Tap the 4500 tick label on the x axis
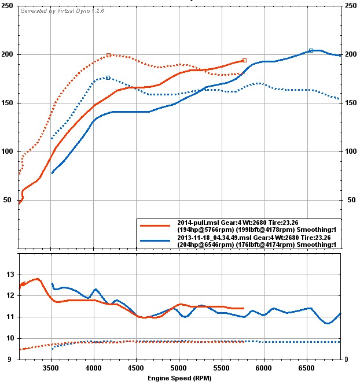point(137,367)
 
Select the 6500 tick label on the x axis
point(307,367)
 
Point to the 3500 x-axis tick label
point(51,367)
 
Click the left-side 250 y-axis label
point(9,6)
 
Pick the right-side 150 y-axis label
point(351,103)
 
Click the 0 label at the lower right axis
point(346,360)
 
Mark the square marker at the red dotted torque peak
point(108,55)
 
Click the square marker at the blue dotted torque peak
point(108,77)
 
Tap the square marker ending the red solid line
point(244,60)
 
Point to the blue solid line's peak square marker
point(311,50)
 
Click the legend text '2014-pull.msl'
point(197,222)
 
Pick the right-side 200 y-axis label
point(351,54)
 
